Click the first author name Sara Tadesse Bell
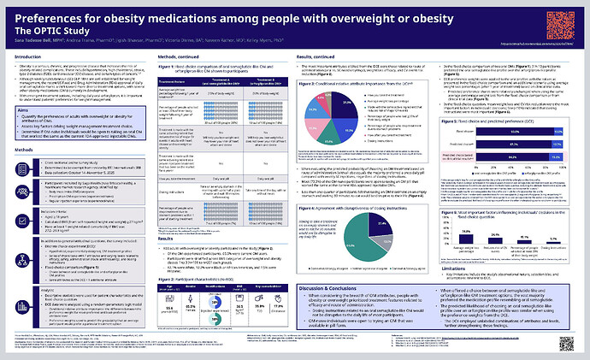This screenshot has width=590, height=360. coord(31,41)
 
